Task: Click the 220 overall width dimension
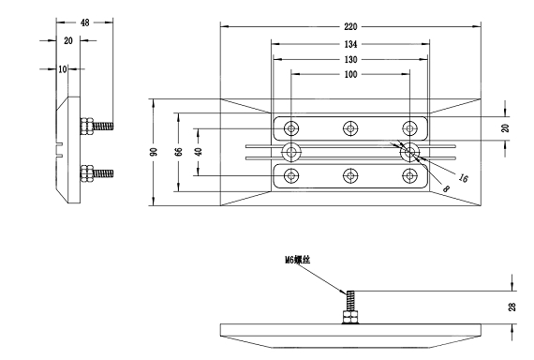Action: [x=350, y=26]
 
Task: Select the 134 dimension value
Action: [x=350, y=44]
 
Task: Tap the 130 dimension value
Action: [x=350, y=60]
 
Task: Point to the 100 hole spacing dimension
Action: [x=350, y=74]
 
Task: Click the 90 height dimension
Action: [x=154, y=152]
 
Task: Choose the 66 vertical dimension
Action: [x=178, y=152]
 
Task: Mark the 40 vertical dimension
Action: [x=199, y=151]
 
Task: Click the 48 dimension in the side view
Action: [x=85, y=22]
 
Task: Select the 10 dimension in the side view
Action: [x=63, y=69]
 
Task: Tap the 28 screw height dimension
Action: [x=512, y=307]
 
